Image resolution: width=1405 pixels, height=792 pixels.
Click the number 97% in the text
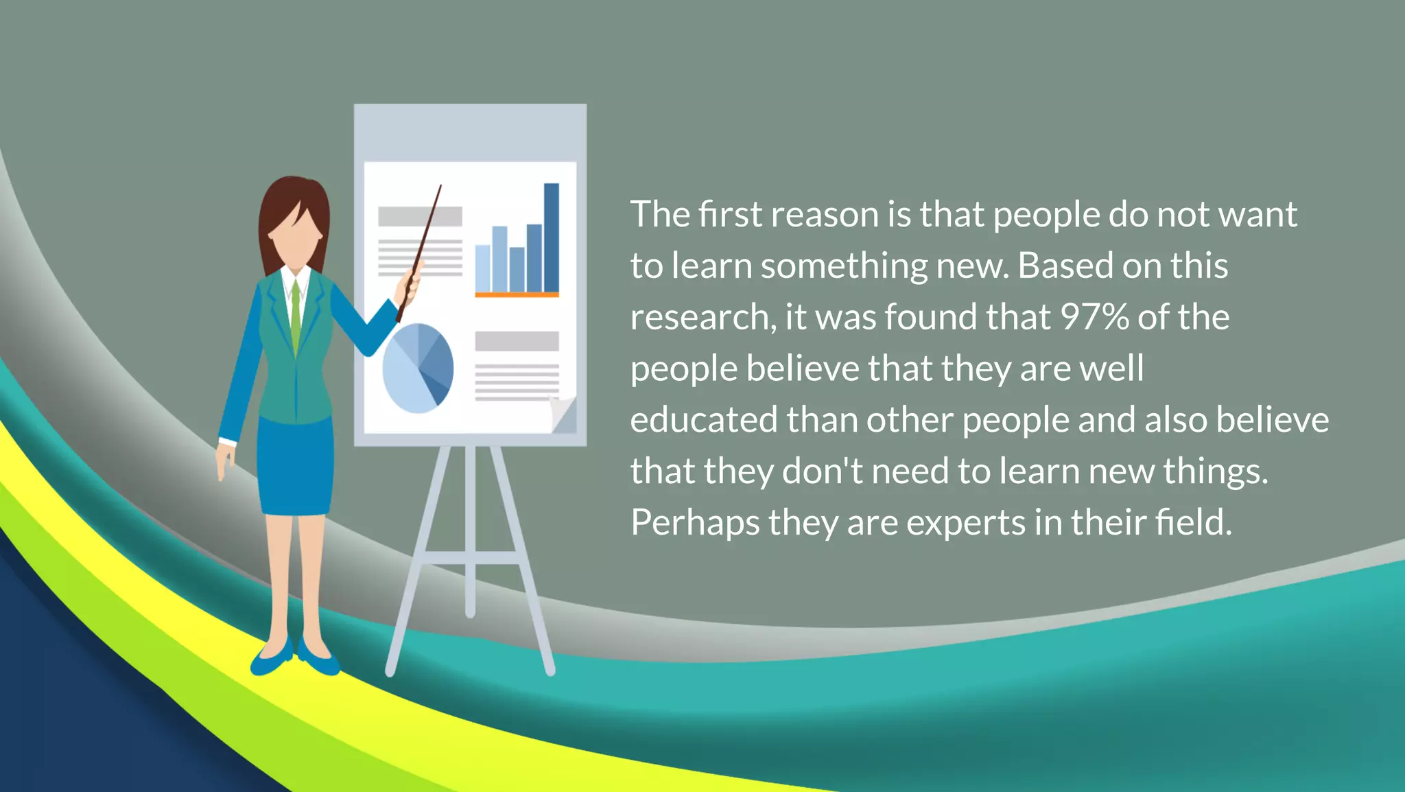[1094, 317]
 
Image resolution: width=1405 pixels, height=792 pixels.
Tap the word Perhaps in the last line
[695, 523]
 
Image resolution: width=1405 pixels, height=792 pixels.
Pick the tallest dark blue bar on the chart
[551, 237]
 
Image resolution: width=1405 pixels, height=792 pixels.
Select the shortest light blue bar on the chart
[482, 268]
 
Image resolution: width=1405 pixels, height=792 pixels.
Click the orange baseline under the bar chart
[517, 295]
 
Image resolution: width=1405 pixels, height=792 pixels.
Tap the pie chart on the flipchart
[417, 368]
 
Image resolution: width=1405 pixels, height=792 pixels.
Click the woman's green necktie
[296, 316]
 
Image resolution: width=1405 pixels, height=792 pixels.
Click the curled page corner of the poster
[563, 414]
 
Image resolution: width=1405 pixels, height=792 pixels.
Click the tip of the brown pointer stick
[440, 186]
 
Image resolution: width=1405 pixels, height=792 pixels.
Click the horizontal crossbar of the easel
[471, 557]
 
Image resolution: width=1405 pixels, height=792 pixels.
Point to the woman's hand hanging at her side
[224, 461]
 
